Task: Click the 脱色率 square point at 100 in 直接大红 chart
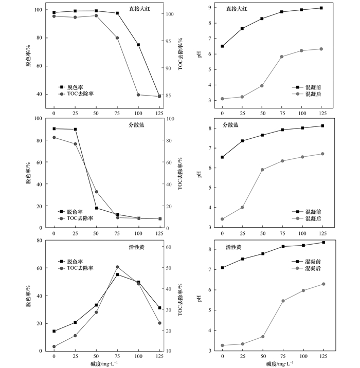(138, 45)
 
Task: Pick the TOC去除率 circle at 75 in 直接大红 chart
(117, 38)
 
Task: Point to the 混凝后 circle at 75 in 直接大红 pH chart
(282, 57)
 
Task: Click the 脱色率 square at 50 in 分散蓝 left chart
(96, 208)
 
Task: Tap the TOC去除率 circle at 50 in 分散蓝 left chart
(96, 192)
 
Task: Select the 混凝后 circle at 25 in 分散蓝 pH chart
(242, 207)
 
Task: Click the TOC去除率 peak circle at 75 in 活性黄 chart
(117, 267)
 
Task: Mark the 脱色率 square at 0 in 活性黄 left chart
(54, 331)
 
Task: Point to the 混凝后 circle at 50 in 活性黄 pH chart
(262, 337)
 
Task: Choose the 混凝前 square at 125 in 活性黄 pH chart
(323, 242)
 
